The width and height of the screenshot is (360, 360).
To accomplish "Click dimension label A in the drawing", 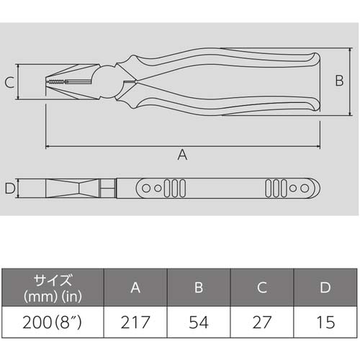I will pyautogui.click(x=182, y=155).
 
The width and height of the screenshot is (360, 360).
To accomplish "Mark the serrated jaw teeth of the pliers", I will pyautogui.click(x=58, y=84).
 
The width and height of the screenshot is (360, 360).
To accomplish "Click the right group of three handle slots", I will pyautogui.click(x=274, y=189).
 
